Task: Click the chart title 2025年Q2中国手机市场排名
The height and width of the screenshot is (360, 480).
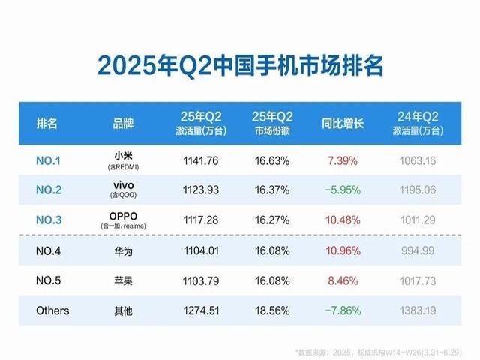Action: pos(240,65)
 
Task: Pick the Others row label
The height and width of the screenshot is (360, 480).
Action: pos(52,310)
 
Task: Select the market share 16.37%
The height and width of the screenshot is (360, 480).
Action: pos(271,190)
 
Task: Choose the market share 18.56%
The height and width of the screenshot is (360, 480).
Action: pos(271,310)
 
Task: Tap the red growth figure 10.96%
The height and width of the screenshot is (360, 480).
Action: pos(342,250)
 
